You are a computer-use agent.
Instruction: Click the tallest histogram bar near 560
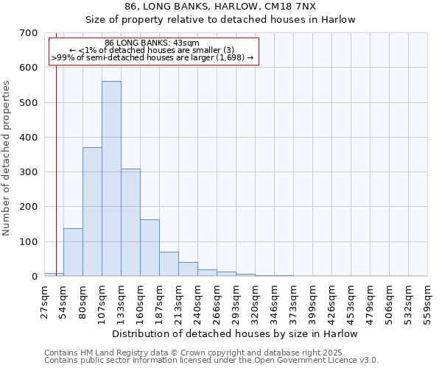coord(111,179)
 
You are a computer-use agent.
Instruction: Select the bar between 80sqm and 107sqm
coord(92,212)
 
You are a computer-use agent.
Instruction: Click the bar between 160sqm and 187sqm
coord(150,248)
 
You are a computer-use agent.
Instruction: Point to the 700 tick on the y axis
coord(28,33)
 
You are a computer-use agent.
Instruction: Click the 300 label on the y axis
coord(28,172)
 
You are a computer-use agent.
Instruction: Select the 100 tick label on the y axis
coord(28,242)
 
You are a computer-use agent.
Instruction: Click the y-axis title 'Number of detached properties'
coord(7,158)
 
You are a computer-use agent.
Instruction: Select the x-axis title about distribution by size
coord(236,333)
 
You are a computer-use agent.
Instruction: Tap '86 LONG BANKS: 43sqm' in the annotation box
coord(152,43)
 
